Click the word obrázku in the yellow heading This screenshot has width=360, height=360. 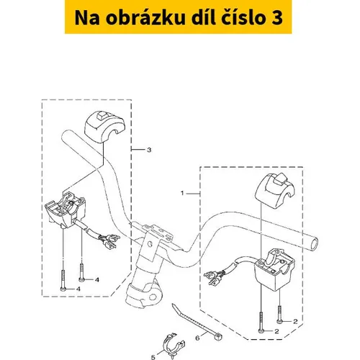click(145, 18)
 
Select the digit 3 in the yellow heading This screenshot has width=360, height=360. click(277, 18)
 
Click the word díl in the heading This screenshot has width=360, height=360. click(203, 17)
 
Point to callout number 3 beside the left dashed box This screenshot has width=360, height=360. click(149, 150)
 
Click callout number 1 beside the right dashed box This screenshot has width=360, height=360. click(182, 193)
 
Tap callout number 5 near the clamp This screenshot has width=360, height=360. click(153, 357)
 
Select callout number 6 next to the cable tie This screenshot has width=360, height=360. click(197, 338)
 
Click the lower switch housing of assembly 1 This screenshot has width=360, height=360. click(275, 269)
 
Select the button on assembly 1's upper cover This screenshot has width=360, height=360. click(280, 179)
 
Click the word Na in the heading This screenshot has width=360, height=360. click(87, 18)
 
